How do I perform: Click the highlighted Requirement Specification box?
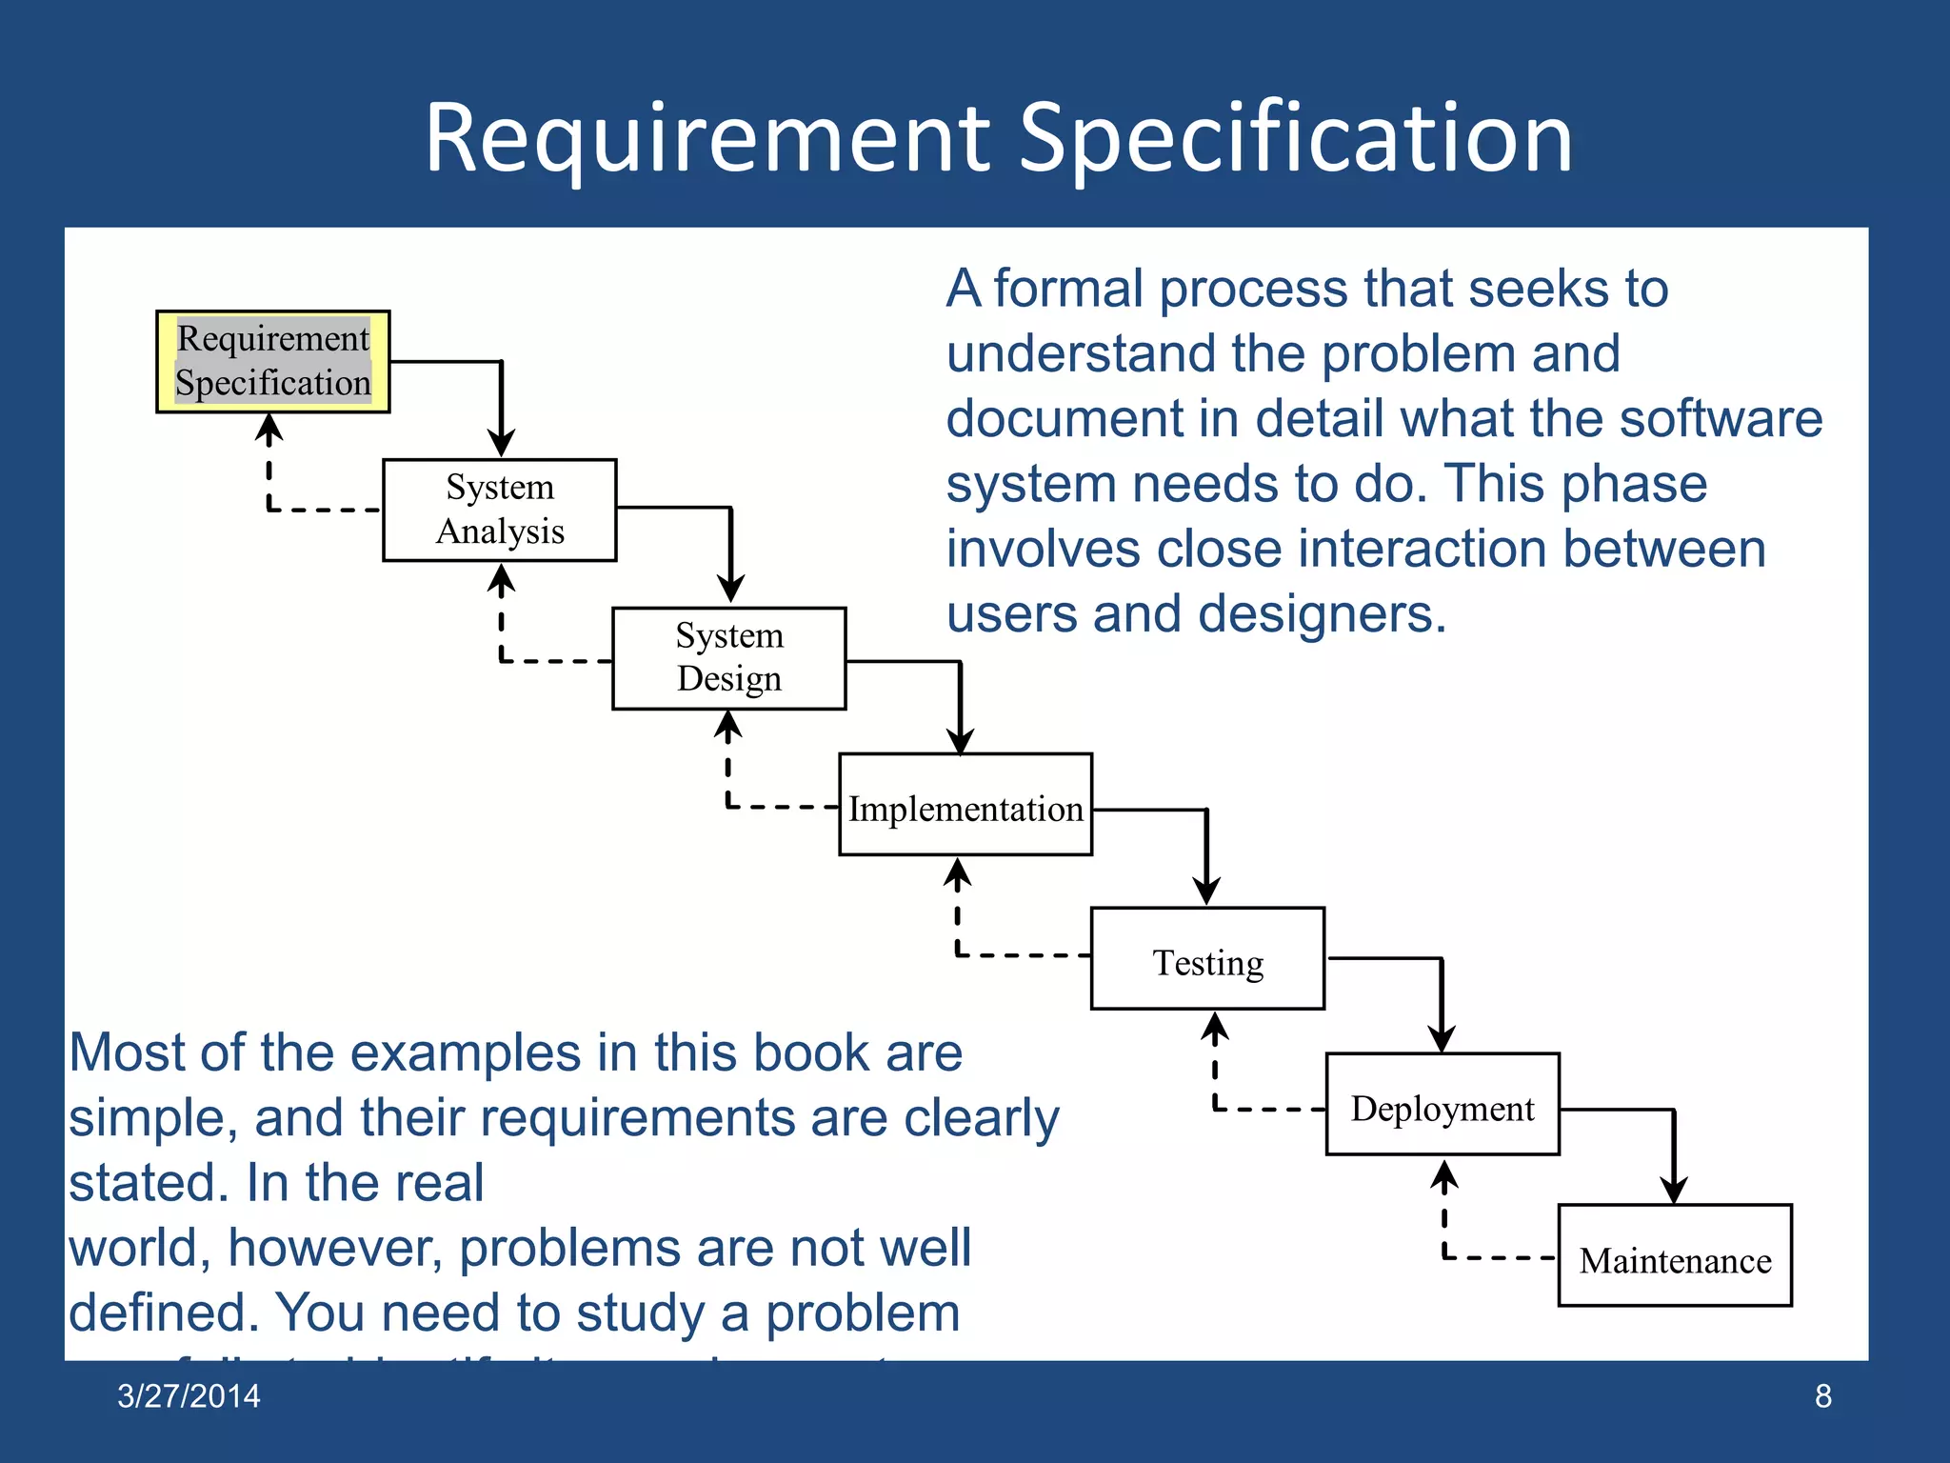tap(273, 361)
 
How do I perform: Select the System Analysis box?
tap(500, 510)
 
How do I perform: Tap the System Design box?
tap(729, 658)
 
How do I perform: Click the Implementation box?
tap(965, 805)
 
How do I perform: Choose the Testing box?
tap(1207, 958)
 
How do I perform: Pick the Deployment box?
tap(1443, 1104)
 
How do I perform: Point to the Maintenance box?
tap(1675, 1255)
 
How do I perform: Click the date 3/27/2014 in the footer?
tap(189, 1395)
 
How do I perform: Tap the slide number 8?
tap(1822, 1395)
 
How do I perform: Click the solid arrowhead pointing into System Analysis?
tap(502, 443)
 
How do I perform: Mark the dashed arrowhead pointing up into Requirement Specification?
tap(269, 429)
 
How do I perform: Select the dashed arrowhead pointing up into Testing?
tap(1215, 1026)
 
